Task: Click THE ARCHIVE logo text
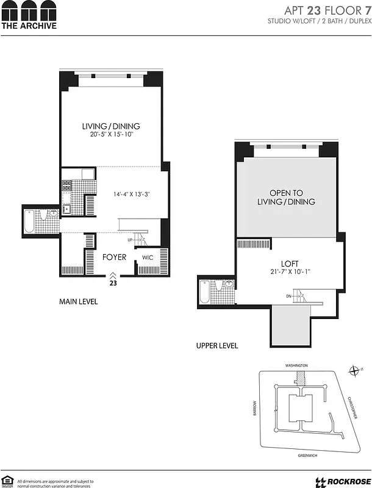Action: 29,26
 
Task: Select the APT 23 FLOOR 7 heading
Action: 328,10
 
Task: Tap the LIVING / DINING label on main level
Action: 111,126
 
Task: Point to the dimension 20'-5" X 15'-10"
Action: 111,135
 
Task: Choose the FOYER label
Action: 114,257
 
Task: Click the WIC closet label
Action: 148,258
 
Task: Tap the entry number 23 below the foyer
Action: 113,283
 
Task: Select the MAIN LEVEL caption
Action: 78,302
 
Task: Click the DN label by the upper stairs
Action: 288,296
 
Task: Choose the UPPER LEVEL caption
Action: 217,346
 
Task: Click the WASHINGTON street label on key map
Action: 296,365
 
